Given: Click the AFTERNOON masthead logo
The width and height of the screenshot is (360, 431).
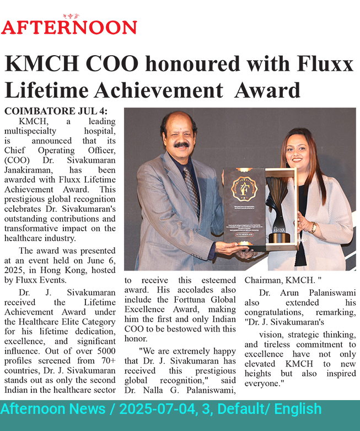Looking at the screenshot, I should pyautogui.click(x=69, y=26).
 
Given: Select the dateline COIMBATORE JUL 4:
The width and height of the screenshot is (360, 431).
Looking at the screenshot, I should pyautogui.click(x=56, y=111).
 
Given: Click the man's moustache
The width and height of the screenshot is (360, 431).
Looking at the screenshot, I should pyautogui.click(x=182, y=145).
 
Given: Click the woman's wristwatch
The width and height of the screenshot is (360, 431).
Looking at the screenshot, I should pyautogui.click(x=314, y=227).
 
